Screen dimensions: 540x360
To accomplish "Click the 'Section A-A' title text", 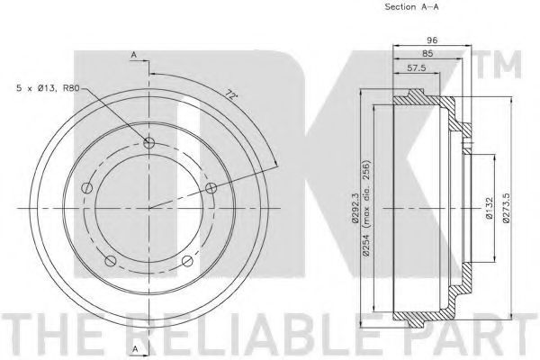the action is [x=411, y=6].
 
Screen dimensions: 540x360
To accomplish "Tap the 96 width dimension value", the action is [x=432, y=40].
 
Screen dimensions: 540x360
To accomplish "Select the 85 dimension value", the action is [x=427, y=54].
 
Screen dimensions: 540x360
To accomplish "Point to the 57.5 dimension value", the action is [x=417, y=67].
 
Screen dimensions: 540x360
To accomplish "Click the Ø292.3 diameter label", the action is [x=356, y=209].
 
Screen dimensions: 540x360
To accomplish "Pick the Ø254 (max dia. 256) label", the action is [x=365, y=208].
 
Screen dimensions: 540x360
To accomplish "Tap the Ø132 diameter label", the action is [x=490, y=208].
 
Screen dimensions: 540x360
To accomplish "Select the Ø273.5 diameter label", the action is [x=506, y=208].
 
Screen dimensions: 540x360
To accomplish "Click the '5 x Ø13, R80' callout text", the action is [x=49, y=88].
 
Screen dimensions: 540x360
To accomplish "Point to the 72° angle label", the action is [x=231, y=94].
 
